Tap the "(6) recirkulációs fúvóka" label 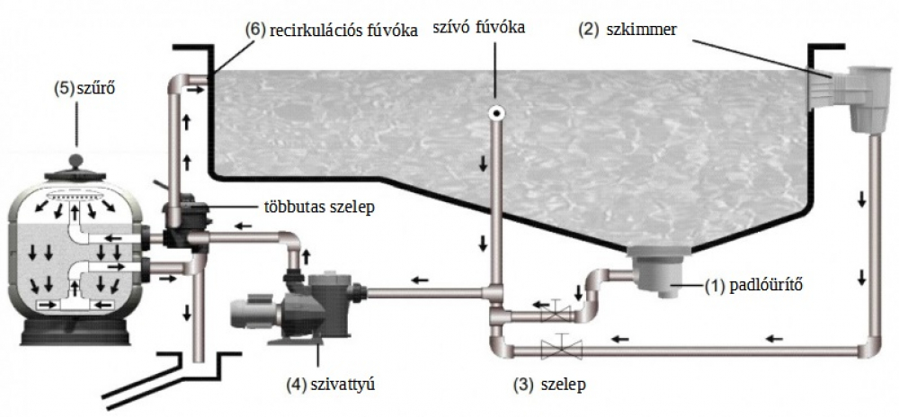332,31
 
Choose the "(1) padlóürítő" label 752,285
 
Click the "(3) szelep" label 549,385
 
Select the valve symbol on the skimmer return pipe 561,347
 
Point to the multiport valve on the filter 183,221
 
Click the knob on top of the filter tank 75,160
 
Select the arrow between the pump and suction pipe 421,280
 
